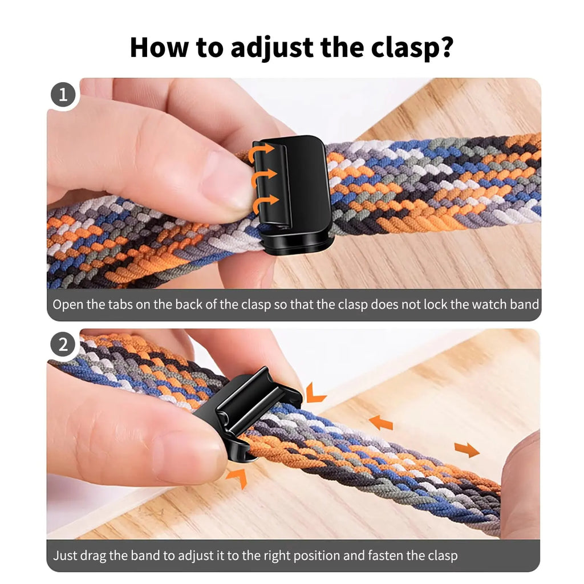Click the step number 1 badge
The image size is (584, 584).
[x=63, y=94]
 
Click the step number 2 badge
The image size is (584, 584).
[x=63, y=345]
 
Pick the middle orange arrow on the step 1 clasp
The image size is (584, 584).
[x=264, y=177]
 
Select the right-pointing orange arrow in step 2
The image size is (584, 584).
[x=467, y=449]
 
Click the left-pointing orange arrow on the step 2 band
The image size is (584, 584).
[x=381, y=423]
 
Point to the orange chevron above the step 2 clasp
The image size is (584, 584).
[x=315, y=393]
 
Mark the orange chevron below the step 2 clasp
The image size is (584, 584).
[x=237, y=477]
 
